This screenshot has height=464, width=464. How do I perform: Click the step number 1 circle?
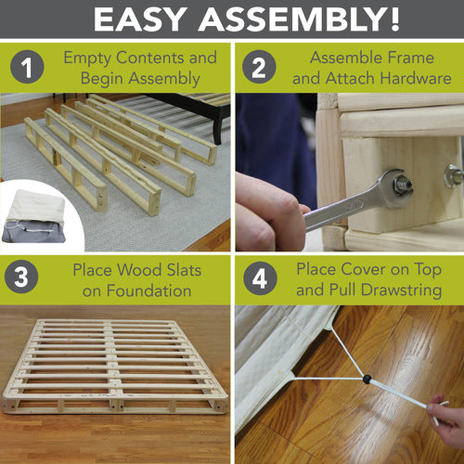click(x=28, y=70)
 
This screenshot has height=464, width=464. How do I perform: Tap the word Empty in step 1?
click(x=88, y=58)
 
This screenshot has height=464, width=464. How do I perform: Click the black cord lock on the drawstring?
click(x=367, y=379)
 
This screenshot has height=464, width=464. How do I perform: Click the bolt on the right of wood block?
click(x=452, y=174)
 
